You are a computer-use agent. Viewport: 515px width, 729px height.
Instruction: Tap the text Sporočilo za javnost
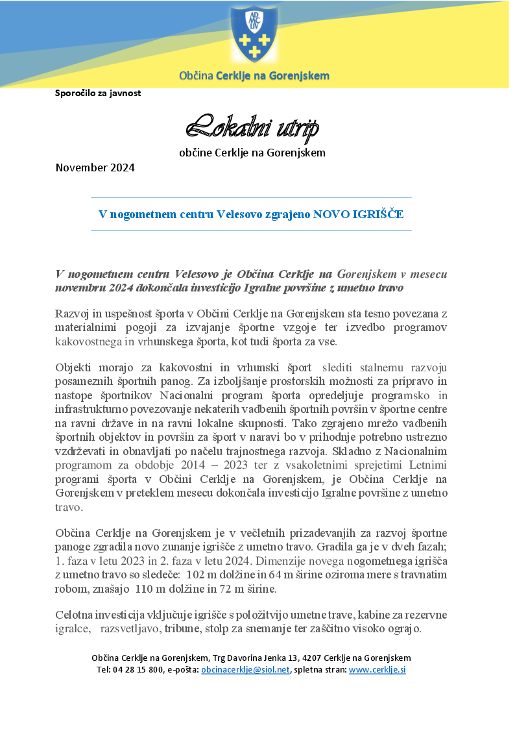coord(98,93)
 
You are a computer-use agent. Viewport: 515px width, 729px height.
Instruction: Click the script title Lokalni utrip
coord(252,129)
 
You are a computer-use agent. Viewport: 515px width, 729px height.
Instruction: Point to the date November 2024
coord(95,168)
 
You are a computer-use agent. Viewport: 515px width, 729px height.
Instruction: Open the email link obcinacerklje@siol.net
coord(245,669)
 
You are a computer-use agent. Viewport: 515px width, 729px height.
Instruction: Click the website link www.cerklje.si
coord(377,669)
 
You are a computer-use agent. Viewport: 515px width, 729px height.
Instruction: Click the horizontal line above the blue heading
coord(251,197)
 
